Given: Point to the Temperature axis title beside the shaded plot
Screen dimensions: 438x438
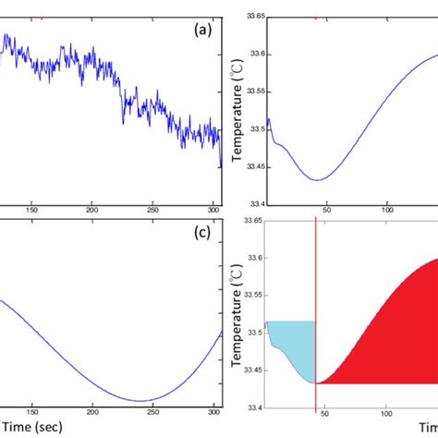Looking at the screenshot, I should [237, 314].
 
